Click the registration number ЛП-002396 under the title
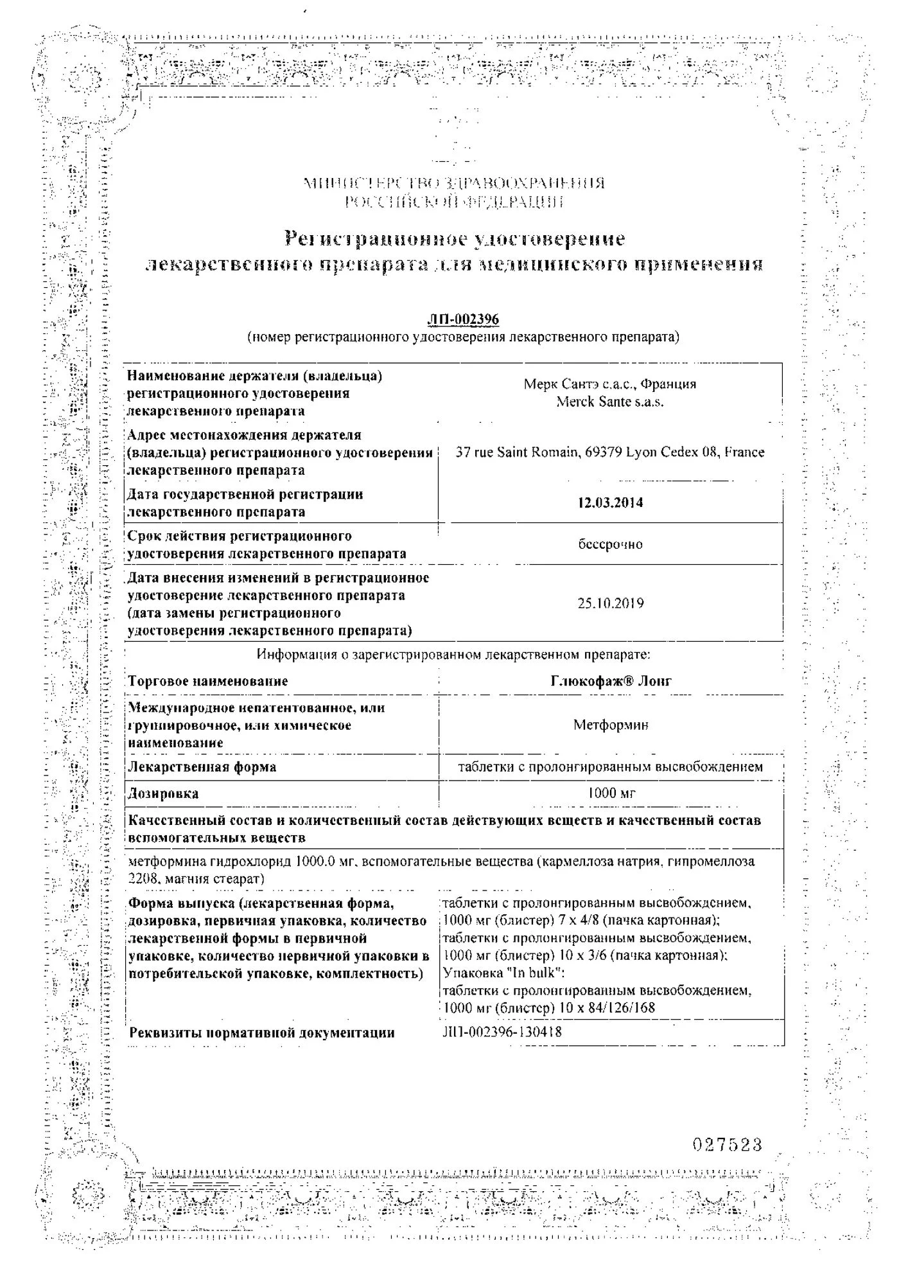click(x=462, y=319)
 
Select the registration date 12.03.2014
click(x=610, y=502)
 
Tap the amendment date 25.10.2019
click(x=610, y=603)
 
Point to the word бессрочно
click(x=610, y=544)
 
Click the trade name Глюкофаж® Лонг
click(x=611, y=681)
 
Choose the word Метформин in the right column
click(x=611, y=725)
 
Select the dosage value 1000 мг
click(x=611, y=793)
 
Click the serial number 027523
click(x=728, y=1144)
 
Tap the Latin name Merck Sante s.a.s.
click(x=610, y=402)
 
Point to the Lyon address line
click(x=610, y=452)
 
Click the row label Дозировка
click(x=164, y=793)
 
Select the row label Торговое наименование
click(x=208, y=681)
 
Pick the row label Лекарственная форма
click(x=202, y=767)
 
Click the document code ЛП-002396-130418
click(x=502, y=1032)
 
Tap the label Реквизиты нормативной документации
click(x=262, y=1033)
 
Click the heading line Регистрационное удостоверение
click(x=455, y=239)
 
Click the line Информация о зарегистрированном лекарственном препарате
click(x=453, y=655)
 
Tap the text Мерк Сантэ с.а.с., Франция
click(x=610, y=384)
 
